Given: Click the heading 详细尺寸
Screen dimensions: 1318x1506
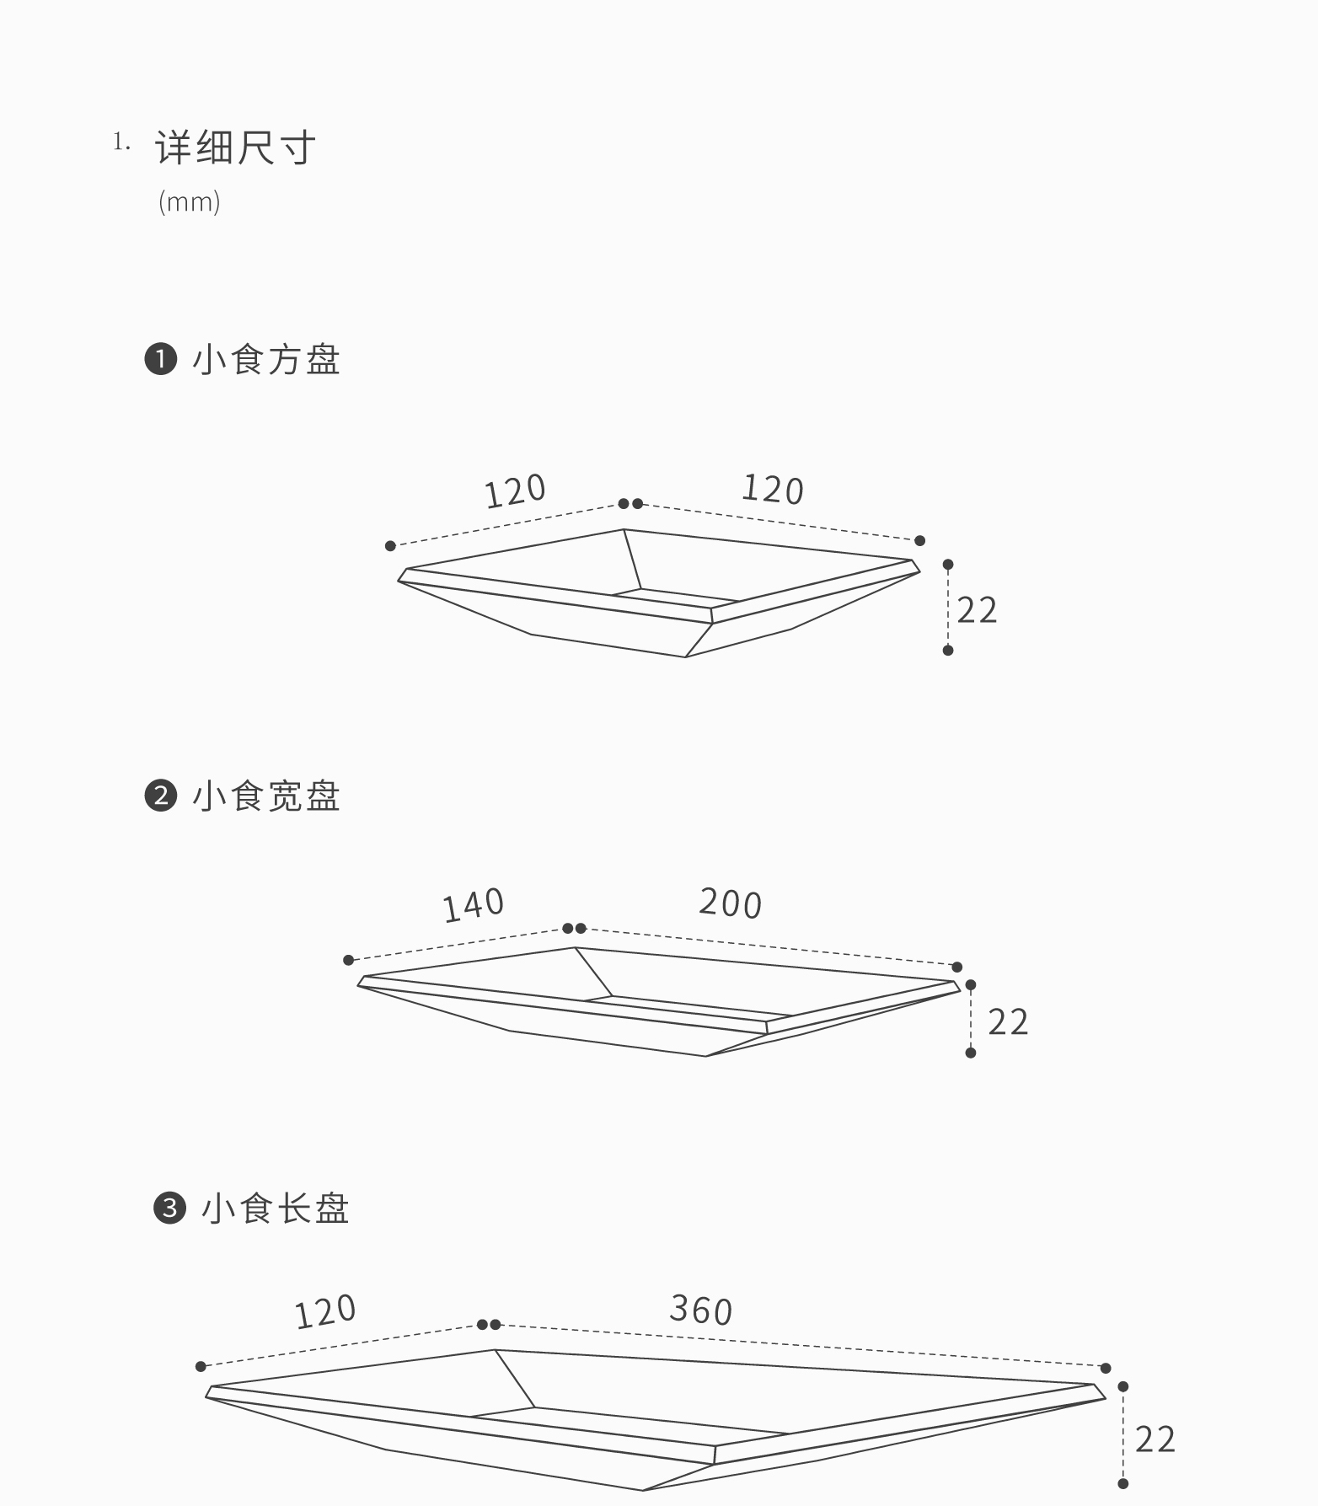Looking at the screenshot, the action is tap(235, 147).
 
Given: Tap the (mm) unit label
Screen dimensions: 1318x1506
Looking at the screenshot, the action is tap(190, 202).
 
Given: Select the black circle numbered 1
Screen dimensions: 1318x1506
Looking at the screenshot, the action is tap(160, 359).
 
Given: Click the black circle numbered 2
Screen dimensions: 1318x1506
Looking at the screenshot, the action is tap(160, 796).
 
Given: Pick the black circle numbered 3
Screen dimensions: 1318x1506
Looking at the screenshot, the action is tap(169, 1208).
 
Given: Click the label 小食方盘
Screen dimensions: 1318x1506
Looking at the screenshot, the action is tap(266, 360).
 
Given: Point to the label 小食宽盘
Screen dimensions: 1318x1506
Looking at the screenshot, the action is tap(266, 796).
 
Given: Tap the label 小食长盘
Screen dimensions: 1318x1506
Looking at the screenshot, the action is tap(276, 1209).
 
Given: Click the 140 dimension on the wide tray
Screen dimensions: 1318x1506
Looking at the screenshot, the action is tap(474, 905).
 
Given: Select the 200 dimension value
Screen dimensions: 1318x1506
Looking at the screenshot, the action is tap(731, 903).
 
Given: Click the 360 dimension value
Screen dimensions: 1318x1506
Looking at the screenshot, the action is tap(701, 1310).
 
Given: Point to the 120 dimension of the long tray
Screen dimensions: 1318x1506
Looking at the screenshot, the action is tap(325, 1312).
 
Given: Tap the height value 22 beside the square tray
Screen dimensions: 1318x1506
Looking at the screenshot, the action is tap(978, 610).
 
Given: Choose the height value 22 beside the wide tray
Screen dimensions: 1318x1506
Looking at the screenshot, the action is tap(1008, 1022).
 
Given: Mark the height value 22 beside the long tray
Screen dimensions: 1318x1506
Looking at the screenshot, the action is tap(1155, 1439).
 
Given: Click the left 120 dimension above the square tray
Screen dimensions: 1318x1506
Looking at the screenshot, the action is tap(516, 491).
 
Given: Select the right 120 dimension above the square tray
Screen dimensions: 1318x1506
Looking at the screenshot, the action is tap(773, 490).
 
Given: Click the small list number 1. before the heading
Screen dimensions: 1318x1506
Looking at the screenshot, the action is tap(122, 142).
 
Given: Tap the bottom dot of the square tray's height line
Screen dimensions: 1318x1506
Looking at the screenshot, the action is tap(948, 650).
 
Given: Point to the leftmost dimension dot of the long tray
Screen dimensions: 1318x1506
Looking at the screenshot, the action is tap(201, 1366).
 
